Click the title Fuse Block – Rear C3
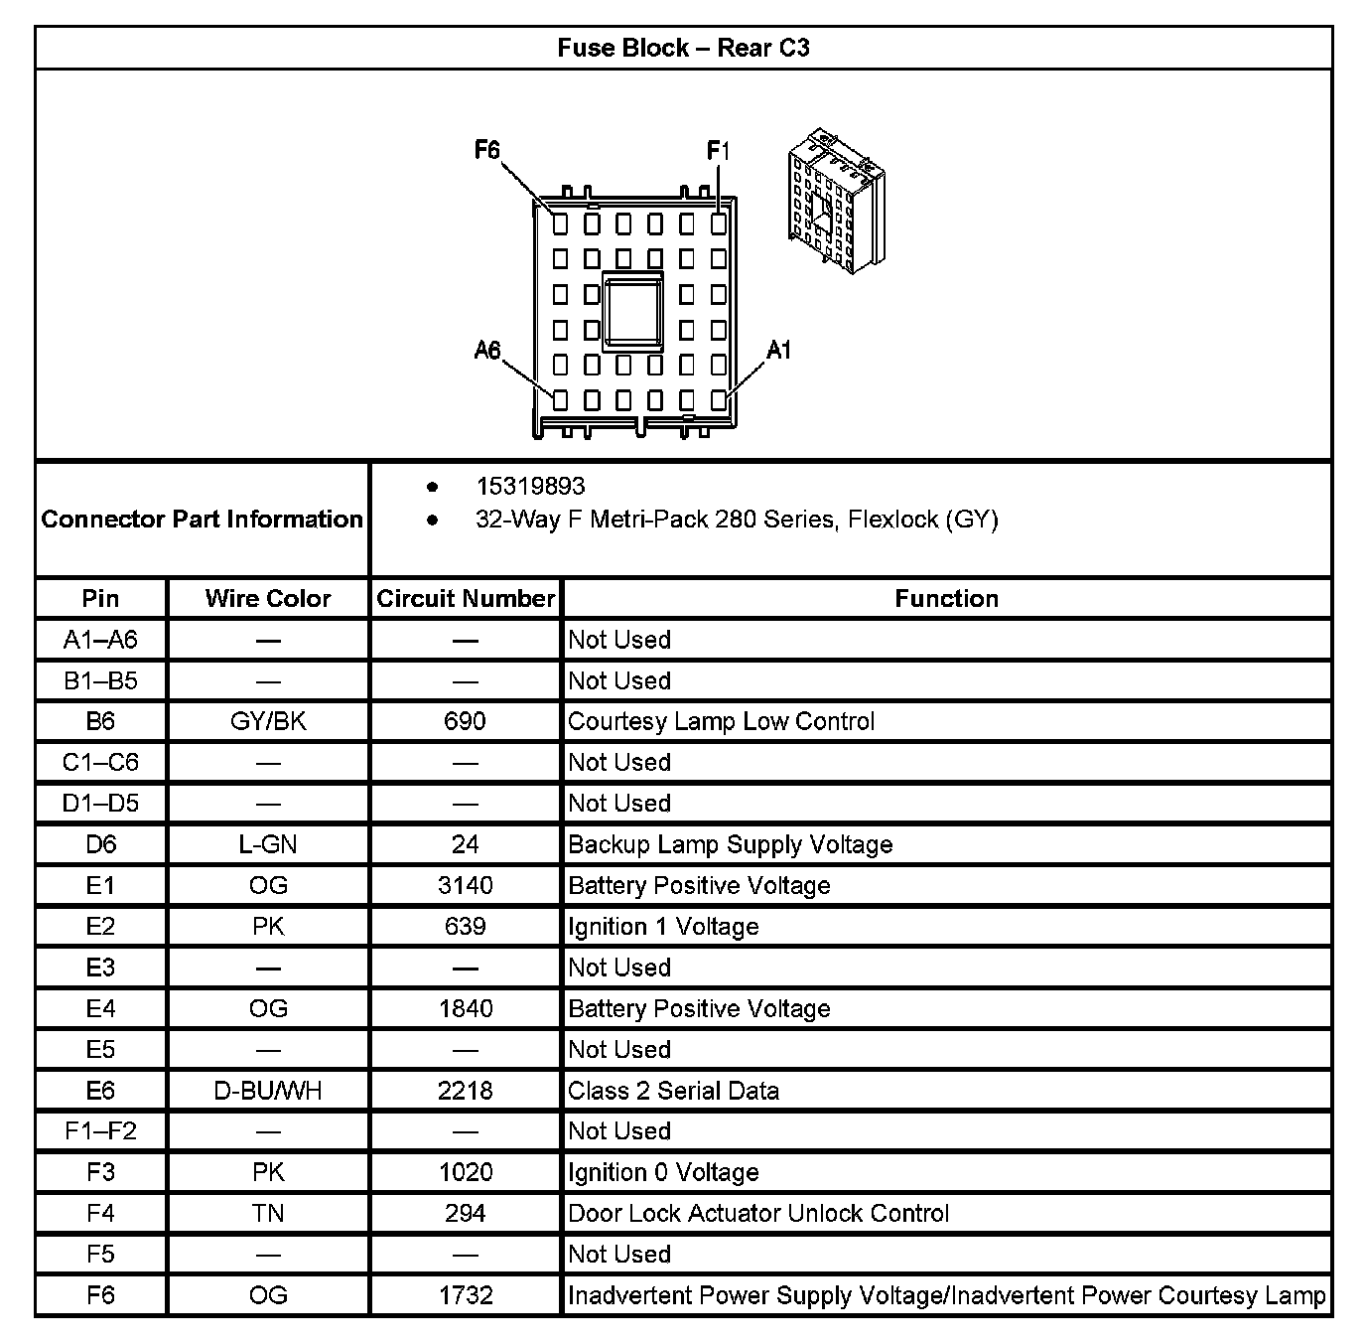click(683, 48)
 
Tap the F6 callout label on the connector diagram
click(486, 150)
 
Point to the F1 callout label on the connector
click(718, 151)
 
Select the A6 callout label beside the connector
click(486, 350)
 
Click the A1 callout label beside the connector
click(779, 350)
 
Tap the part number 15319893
click(530, 486)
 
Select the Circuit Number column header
click(465, 598)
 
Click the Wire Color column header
click(268, 598)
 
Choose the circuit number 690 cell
click(465, 721)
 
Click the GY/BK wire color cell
click(268, 721)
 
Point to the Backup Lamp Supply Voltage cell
click(730, 844)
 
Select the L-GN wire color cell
click(268, 844)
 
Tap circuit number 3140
click(465, 885)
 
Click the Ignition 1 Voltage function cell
click(663, 927)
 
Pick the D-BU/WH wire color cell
click(268, 1091)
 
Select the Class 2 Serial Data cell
click(673, 1091)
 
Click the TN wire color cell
click(268, 1213)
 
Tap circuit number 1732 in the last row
click(465, 1295)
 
